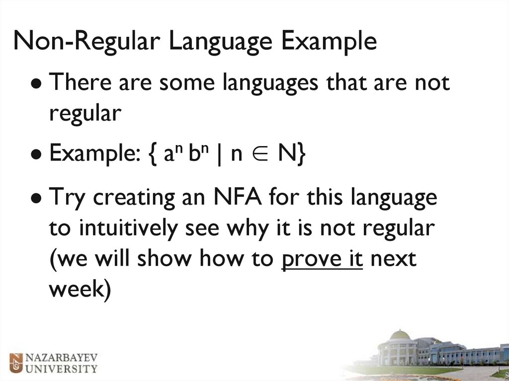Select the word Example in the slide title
coord(329,41)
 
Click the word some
coord(188,82)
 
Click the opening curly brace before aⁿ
coord(151,154)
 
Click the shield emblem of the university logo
coord(17,362)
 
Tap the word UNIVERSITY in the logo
coord(61,369)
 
